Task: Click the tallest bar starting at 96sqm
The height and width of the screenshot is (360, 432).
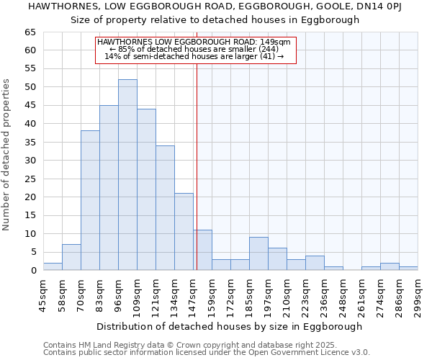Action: tap(127, 175)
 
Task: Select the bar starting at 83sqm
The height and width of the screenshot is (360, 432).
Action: tap(109, 188)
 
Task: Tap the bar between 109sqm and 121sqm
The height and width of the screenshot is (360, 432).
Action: tap(146, 189)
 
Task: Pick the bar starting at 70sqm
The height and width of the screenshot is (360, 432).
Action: tap(90, 200)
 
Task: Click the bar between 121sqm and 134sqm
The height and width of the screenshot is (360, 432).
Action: tap(165, 208)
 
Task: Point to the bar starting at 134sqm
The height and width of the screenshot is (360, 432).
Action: tap(184, 232)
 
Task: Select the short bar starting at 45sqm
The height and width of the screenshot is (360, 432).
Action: tap(53, 266)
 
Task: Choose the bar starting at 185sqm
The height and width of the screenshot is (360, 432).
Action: tap(258, 253)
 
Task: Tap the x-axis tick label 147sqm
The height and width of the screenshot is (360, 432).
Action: tap(193, 294)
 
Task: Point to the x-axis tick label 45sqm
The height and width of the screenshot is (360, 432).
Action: tap(43, 294)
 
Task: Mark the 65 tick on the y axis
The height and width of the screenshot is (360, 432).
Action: tap(30, 32)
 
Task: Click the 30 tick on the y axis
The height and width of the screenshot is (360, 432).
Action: tap(30, 161)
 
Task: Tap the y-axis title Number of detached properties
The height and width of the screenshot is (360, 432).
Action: tap(7, 155)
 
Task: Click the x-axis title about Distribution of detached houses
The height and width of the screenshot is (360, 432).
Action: tap(230, 326)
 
